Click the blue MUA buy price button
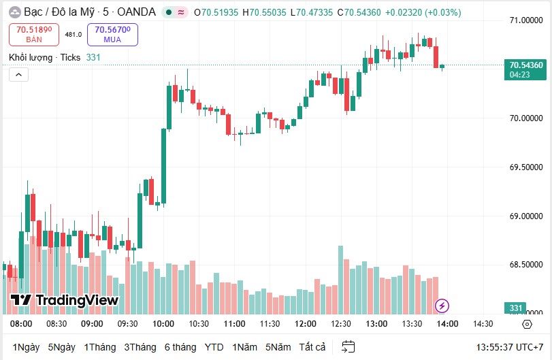[112, 34]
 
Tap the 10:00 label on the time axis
[163, 323]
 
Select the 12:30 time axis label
[341, 323]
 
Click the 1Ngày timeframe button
[27, 346]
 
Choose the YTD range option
[214, 346]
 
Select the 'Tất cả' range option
[312, 346]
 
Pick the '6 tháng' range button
[180, 346]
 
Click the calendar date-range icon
[348, 346]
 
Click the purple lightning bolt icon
[442, 306]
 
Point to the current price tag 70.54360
[526, 65]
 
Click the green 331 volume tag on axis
[516, 308]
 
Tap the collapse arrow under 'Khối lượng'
[19, 75]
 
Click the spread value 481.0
[74, 34]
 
